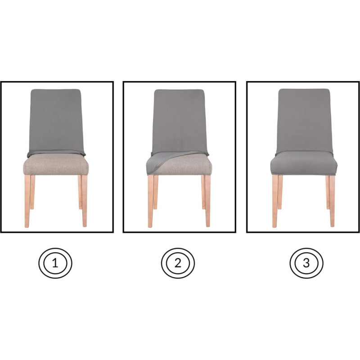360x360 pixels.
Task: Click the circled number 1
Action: coord(55,263)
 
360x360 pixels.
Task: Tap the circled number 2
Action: coord(178,263)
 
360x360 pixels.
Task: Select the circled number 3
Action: coord(306,263)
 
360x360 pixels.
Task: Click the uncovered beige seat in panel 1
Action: coord(56,165)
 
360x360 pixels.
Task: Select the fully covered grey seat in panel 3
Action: coord(304,163)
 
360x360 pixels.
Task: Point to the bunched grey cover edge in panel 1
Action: coord(56,153)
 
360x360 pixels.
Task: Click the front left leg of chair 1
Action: coord(27,201)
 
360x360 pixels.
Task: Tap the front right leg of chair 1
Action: coord(84,201)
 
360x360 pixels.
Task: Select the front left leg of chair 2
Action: coord(151,201)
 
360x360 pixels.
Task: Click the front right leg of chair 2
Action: coord(207,201)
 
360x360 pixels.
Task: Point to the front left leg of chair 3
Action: coord(275,201)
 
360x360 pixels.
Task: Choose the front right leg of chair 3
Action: coord(332,201)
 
